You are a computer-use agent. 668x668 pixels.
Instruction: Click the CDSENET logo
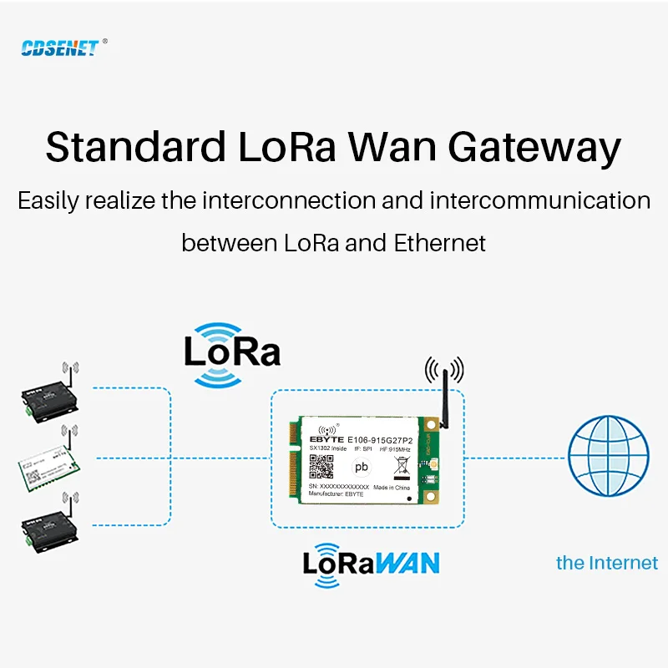click(x=59, y=48)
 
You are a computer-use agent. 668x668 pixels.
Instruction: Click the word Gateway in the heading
click(x=534, y=147)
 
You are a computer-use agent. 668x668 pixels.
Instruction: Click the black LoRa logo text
click(x=232, y=352)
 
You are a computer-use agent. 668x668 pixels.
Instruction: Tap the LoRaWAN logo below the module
click(x=371, y=561)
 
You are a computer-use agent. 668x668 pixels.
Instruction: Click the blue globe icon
click(x=608, y=456)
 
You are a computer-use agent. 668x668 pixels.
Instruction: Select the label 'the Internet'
click(x=607, y=563)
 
